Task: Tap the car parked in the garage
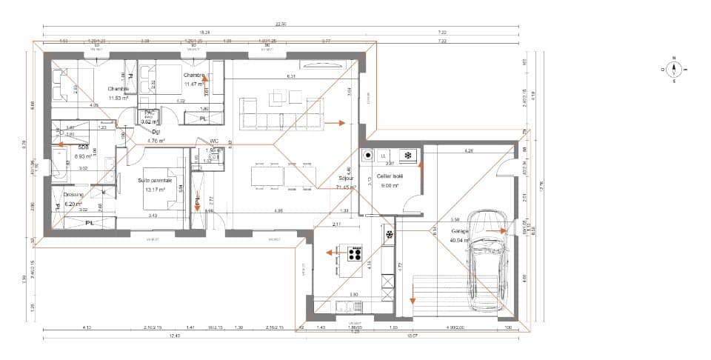pyautogui.click(x=487, y=259)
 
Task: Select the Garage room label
pyautogui.click(x=460, y=231)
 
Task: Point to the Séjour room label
pyautogui.click(x=346, y=178)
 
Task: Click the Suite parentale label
pyautogui.click(x=155, y=180)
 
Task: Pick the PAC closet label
pyautogui.click(x=149, y=113)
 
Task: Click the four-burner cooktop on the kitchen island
pyautogui.click(x=355, y=253)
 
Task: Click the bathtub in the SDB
pyautogui.click(x=59, y=164)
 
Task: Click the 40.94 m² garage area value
pyautogui.click(x=461, y=240)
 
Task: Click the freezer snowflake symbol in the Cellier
pyautogui.click(x=406, y=156)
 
